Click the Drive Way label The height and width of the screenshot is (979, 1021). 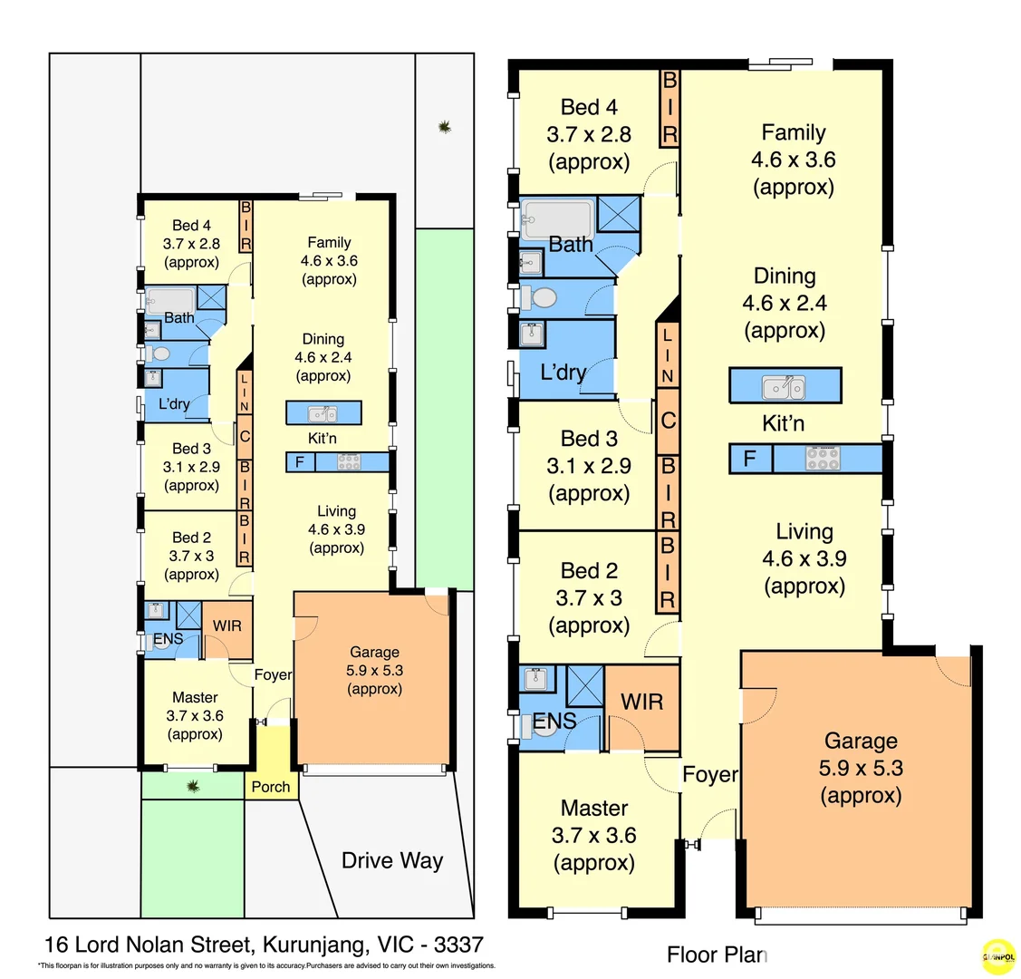point(392,860)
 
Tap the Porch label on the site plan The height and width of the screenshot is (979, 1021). point(271,787)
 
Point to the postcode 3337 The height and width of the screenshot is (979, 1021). point(458,945)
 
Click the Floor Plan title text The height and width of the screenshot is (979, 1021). point(717,955)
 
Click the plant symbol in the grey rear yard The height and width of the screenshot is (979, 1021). point(444,127)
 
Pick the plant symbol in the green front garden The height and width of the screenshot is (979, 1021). point(193,786)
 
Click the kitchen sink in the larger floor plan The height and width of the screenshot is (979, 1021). point(784,387)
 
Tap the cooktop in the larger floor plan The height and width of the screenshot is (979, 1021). point(823,459)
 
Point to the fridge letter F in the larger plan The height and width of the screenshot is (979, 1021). point(749,459)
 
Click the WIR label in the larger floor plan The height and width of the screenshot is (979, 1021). point(641,702)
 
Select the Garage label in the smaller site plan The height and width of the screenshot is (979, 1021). point(374,652)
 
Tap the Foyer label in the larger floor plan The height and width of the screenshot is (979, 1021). point(709,775)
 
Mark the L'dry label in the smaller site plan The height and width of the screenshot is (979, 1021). point(174,404)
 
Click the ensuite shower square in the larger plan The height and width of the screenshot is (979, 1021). point(584,685)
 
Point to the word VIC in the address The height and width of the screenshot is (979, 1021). point(398,945)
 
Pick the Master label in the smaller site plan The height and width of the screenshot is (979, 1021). point(195,697)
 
